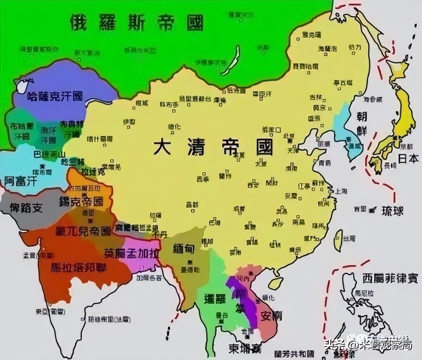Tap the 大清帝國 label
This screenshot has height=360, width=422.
(214, 147)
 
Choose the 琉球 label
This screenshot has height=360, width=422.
(392, 211)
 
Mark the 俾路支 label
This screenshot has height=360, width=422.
(27, 208)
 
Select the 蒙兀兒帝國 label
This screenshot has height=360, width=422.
(83, 231)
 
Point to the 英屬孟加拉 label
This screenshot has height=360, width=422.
(132, 253)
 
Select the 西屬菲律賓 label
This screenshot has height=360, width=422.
(390, 277)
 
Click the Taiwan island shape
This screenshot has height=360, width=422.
(338, 240)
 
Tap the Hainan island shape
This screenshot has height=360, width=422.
(276, 283)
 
